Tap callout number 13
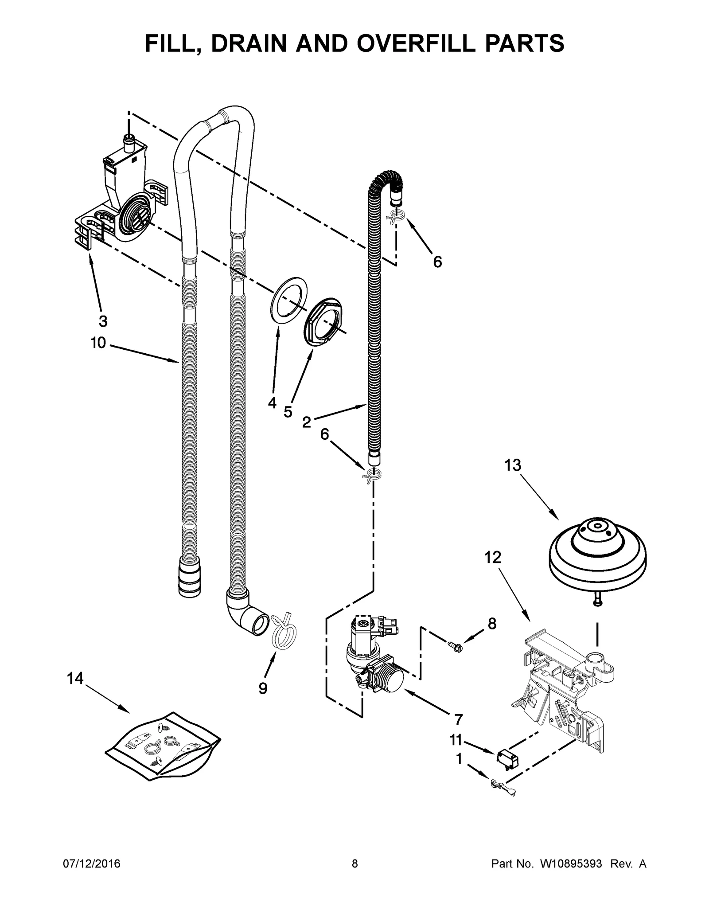point(512,465)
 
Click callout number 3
point(103,321)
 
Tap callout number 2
point(306,422)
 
